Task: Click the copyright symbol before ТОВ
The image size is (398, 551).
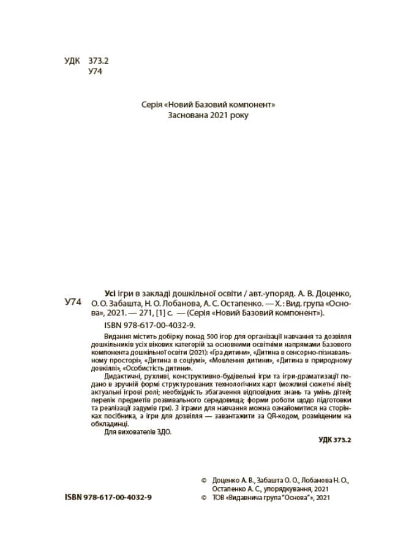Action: point(205,498)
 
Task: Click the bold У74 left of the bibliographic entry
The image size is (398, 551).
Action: point(73,302)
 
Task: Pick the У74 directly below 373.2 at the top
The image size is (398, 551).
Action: point(96,72)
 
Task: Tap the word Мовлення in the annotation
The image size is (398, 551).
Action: point(218,360)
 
